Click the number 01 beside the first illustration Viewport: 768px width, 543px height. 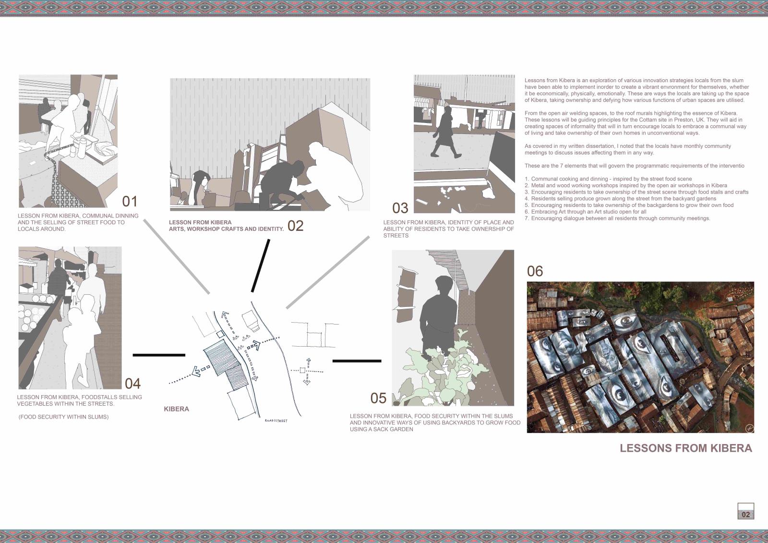coord(130,201)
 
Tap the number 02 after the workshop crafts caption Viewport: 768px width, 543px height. coord(296,226)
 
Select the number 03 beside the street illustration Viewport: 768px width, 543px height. coord(400,208)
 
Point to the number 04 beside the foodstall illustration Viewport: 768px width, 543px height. coord(132,384)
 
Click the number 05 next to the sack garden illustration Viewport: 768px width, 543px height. coord(378,398)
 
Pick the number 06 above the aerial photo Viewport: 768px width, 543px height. coord(535,271)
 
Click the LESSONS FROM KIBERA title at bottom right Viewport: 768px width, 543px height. coord(686,448)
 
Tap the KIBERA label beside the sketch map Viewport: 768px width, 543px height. coord(176,409)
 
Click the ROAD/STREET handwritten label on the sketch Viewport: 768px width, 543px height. coord(276,421)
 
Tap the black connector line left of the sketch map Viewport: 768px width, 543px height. coord(159,355)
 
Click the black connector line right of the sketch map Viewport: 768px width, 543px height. coord(357,361)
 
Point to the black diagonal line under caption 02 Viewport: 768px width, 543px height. coord(261,266)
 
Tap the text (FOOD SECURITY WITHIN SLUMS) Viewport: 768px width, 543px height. coord(63,417)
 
